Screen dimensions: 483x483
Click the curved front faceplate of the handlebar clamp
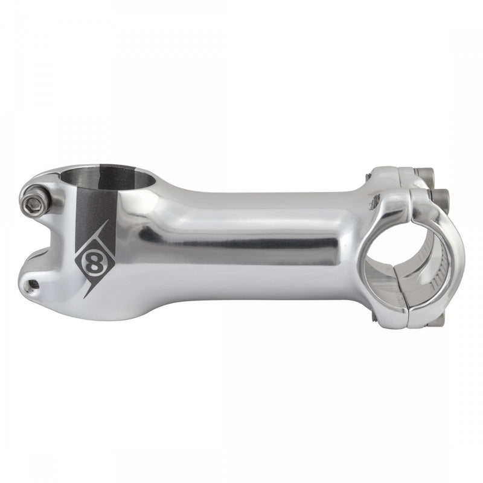[450, 254]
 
